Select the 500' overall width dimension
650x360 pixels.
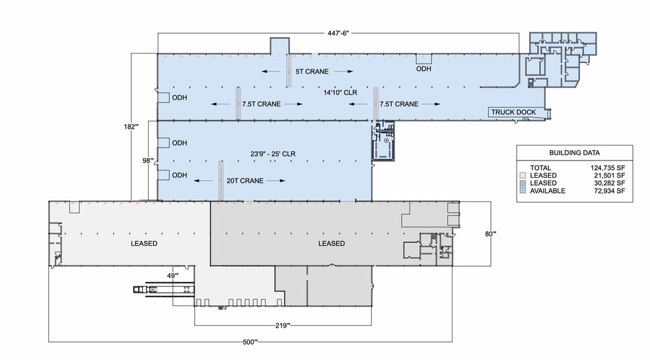pyautogui.click(x=250, y=342)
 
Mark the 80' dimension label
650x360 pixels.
pyautogui.click(x=490, y=233)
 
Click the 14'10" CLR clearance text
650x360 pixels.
pyautogui.click(x=340, y=93)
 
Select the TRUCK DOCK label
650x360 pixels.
pyautogui.click(x=513, y=112)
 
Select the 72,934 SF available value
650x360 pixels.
pyautogui.click(x=606, y=190)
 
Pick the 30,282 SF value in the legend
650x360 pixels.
pyautogui.click(x=606, y=183)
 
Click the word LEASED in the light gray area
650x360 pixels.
pyautogui.click(x=143, y=244)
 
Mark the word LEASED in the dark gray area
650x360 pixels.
pyautogui.click(x=331, y=244)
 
